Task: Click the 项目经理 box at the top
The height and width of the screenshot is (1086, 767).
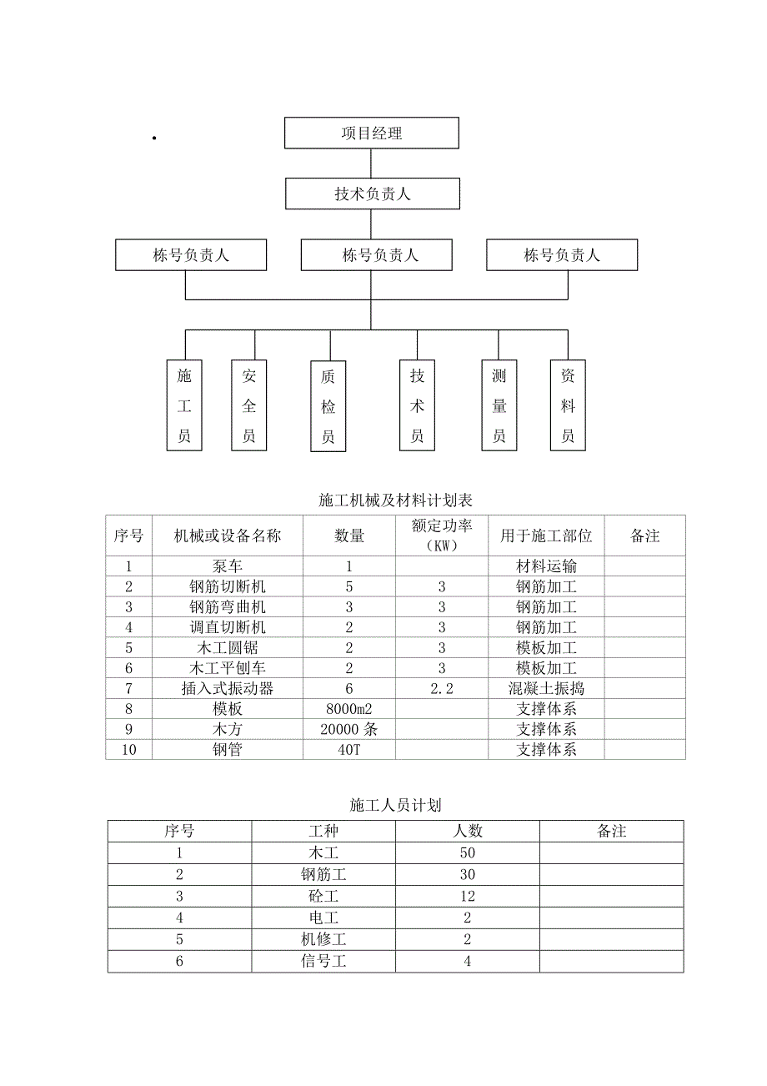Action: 371,133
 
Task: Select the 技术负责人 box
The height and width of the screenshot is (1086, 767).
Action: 372,194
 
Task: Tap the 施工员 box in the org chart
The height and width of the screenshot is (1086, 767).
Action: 184,406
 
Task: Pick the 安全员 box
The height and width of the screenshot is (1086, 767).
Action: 249,406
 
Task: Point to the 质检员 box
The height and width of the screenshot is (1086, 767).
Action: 328,407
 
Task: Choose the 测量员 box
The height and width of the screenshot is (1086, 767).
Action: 499,406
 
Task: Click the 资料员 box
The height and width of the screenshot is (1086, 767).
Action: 568,406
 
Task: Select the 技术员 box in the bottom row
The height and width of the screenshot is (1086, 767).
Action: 417,406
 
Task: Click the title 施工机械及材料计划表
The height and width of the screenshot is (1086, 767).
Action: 395,500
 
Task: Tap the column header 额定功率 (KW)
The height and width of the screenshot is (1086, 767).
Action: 442,535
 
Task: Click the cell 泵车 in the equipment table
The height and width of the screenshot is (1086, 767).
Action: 228,566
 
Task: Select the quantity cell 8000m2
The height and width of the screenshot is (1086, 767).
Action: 349,709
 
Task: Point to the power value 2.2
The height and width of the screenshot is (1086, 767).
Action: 442,688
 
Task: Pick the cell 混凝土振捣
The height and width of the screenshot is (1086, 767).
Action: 546,688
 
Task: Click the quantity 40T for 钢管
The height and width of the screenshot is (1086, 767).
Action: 349,749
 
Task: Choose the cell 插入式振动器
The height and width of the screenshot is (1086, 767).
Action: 228,688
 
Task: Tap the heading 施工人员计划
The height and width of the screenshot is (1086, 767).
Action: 395,805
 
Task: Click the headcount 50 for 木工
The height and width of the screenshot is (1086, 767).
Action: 467,852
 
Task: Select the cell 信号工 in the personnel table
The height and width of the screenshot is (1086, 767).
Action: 323,961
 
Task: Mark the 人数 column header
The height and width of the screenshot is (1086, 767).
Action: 467,831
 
